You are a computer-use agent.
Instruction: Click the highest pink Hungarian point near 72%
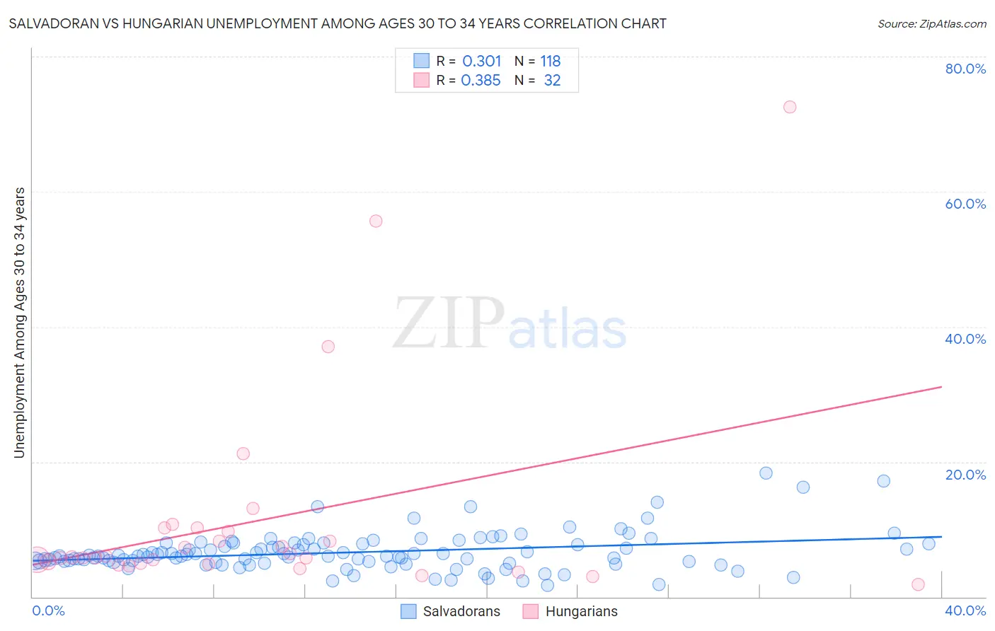[790, 107]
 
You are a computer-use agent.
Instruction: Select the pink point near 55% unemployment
[376, 221]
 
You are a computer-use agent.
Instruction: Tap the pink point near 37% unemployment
[328, 347]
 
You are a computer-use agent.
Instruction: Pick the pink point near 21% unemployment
[243, 453]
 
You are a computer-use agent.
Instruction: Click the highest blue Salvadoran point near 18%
[766, 473]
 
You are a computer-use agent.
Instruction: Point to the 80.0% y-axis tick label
[965, 69]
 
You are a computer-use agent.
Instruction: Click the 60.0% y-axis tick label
[965, 204]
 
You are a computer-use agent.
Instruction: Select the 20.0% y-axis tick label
[965, 475]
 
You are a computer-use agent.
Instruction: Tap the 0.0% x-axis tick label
[48, 610]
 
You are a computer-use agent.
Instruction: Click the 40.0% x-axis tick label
[965, 610]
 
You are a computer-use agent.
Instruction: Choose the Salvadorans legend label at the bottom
[461, 611]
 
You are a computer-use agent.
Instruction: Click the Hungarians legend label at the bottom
[581, 611]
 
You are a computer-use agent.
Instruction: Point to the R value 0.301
[481, 62]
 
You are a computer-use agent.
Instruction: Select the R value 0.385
[481, 81]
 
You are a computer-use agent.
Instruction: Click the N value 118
[550, 62]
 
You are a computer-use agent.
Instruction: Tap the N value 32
[552, 81]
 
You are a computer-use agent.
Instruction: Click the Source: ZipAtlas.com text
[931, 23]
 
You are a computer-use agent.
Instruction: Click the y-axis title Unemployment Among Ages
[20, 323]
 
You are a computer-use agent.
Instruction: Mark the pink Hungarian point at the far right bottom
[918, 584]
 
